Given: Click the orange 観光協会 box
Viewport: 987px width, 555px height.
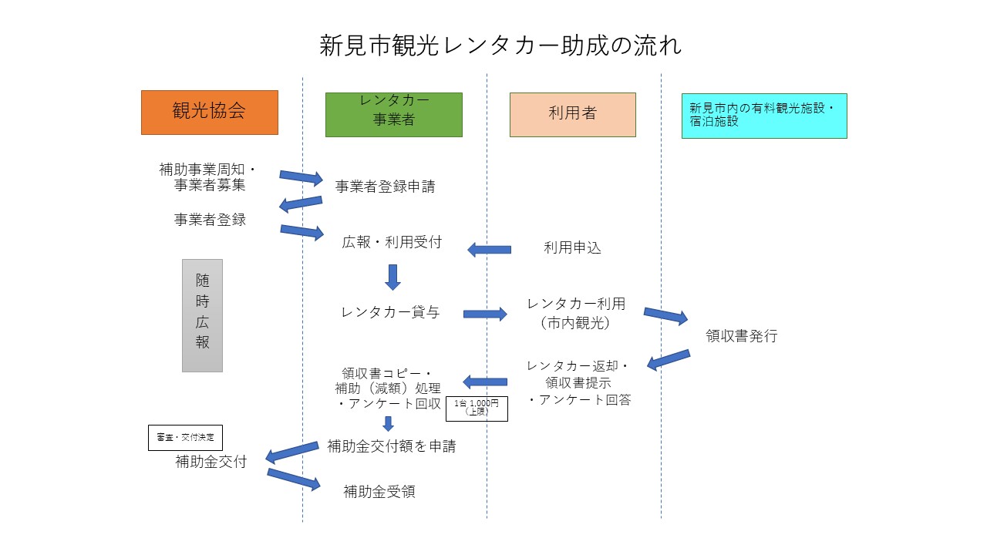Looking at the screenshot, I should point(209,112).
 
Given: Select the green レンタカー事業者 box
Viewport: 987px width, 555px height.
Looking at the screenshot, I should point(393,115).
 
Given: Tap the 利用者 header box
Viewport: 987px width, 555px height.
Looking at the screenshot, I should point(572,114).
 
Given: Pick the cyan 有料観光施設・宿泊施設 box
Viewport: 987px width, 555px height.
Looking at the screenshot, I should point(763,116).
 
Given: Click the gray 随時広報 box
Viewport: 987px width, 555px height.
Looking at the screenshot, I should point(202,315).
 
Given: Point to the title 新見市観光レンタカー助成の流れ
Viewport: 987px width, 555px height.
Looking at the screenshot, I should point(500,45).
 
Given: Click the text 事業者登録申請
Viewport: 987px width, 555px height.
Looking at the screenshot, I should point(385,187).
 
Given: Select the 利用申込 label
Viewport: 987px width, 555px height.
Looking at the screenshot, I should point(572,248).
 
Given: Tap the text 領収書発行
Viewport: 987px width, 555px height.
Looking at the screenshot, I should point(742,336).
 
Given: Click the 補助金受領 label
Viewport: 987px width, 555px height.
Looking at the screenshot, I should point(379,492).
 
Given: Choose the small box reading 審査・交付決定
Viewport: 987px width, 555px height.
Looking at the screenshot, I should point(185,437).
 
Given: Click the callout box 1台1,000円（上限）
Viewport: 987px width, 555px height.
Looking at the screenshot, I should point(477,408).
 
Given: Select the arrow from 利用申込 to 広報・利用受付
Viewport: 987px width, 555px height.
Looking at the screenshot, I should point(490,249).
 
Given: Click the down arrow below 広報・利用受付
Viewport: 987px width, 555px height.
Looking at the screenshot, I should point(392,277).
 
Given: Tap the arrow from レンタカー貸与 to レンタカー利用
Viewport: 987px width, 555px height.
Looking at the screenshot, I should point(485,314).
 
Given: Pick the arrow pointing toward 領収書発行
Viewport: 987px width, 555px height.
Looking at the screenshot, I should point(665,315).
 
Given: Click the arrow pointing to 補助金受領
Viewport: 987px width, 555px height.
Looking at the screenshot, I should point(293,479).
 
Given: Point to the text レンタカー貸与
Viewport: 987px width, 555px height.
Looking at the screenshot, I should point(390,312).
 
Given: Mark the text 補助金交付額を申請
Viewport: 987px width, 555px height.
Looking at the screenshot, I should point(391,446).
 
